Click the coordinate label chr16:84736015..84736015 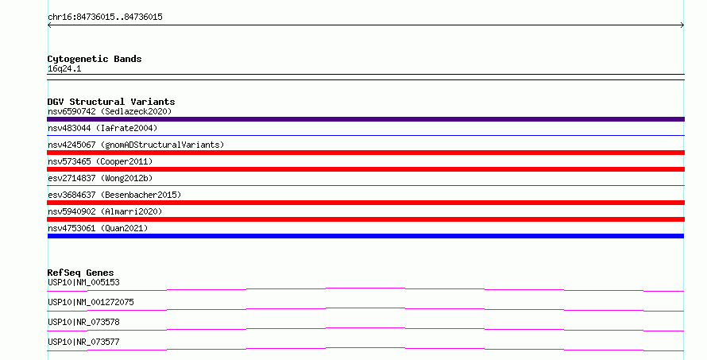tap(105, 17)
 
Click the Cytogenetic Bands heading tap(95, 59)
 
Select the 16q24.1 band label tap(64, 69)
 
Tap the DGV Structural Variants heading tap(111, 102)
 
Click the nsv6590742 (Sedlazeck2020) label tap(110, 111)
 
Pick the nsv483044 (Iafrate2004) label tap(102, 128)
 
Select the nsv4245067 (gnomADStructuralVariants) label tap(136, 145)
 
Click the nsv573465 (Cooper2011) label tap(100, 161)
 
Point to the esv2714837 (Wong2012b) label tap(100, 178)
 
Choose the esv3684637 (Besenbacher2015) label tap(114, 195)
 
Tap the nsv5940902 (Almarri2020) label tap(105, 211)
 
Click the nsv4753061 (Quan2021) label tap(98, 228)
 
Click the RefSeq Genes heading tap(80, 273)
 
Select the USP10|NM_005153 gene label tap(83, 282)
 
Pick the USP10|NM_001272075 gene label tap(91, 302)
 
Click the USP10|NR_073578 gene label tap(83, 322)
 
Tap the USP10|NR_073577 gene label tap(83, 342)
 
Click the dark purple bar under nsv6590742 tap(365, 119)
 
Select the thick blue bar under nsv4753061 tap(365, 236)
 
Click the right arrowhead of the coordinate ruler tap(682, 25)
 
